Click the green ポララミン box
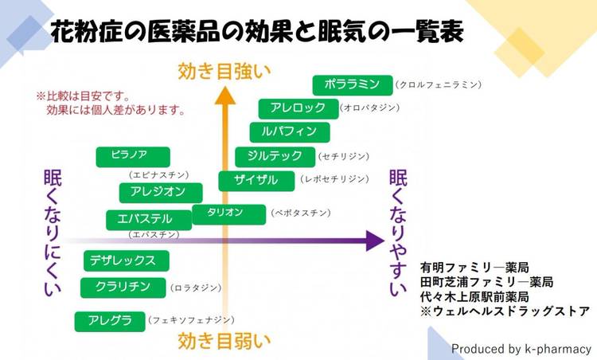pos(352,84)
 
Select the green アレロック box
pos(298,108)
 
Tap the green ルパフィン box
pos(283,131)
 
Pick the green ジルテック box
pos(275,156)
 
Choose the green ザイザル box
pos(256,181)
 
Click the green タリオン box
pos(228,213)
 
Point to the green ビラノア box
pos(133,156)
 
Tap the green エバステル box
pos(148,219)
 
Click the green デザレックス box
pos(126,260)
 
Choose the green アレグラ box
pos(110,321)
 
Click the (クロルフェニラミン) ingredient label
pos(439,84)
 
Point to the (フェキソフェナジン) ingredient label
pos(191,320)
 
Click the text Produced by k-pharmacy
pos(521,348)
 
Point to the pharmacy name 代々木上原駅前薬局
pos(476,297)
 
